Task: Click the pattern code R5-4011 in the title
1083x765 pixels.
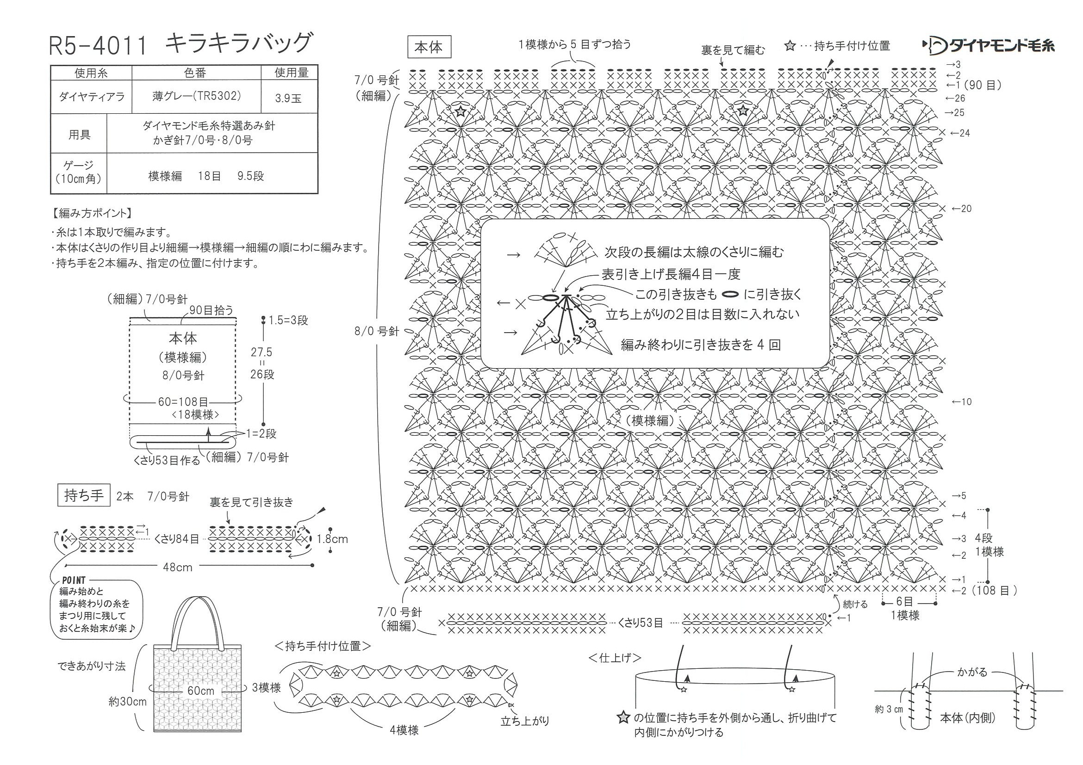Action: [98, 45]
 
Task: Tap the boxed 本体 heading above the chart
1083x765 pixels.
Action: [428, 48]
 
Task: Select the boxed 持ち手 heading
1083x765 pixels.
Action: [83, 495]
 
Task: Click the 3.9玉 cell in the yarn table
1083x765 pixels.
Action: [288, 99]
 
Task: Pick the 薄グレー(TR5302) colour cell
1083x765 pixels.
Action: [196, 96]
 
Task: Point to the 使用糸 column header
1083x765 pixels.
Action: [91, 73]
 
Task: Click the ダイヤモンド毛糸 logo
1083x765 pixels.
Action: [989, 46]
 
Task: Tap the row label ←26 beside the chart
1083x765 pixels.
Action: [956, 99]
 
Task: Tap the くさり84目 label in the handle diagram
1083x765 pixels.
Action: [177, 539]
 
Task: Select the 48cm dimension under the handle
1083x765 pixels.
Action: [177, 567]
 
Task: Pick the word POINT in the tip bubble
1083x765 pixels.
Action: [74, 580]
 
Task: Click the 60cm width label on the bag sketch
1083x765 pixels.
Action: [201, 691]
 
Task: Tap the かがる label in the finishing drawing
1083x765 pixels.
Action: [971, 672]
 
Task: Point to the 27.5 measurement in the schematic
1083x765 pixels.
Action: [261, 352]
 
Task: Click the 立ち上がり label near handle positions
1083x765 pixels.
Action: [525, 721]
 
